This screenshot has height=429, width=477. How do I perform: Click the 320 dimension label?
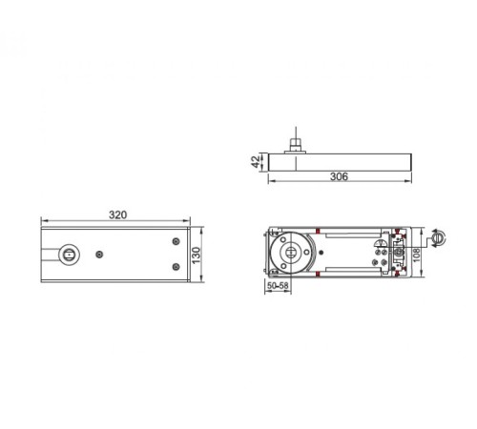coord(117,214)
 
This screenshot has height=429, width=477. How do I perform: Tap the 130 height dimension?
coord(197,255)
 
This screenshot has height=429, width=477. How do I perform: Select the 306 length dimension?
coord(339,176)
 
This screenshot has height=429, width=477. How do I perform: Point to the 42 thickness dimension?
coord(256,162)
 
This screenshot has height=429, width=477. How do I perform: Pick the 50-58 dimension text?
coord(278,285)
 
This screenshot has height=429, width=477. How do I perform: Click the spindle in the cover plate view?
coord(69,255)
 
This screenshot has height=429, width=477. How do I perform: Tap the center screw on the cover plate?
coord(99,255)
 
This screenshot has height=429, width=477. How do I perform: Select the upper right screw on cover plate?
coord(176,241)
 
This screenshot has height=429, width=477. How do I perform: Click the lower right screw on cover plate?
coord(176,267)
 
